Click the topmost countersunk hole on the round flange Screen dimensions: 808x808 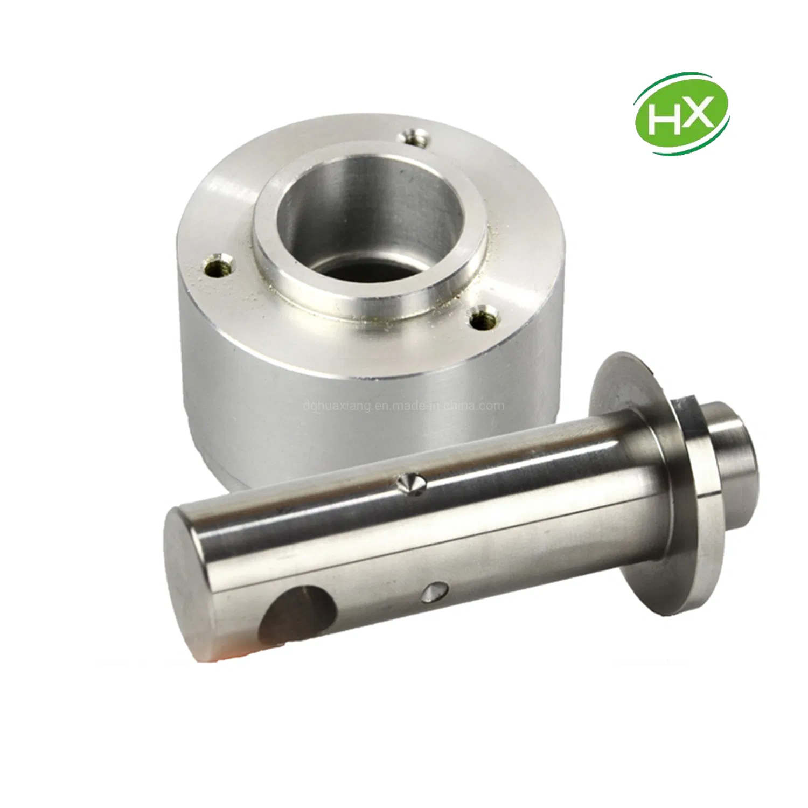click(x=415, y=136)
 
